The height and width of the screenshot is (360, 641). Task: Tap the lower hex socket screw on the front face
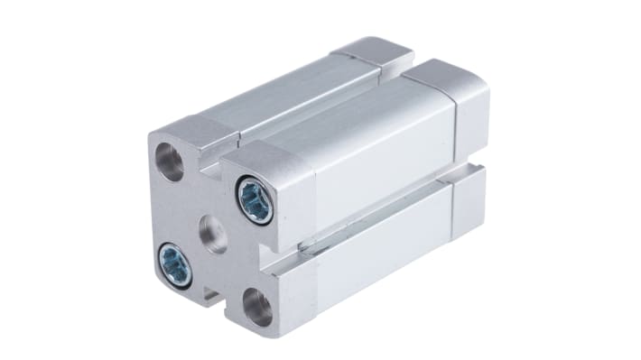click(x=173, y=263)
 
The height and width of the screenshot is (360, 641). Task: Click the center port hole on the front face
click(x=213, y=230)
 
